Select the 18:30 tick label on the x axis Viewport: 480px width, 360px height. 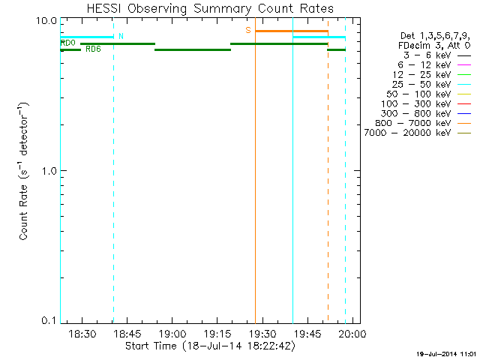click(x=81, y=333)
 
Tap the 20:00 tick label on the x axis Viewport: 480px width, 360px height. click(x=352, y=333)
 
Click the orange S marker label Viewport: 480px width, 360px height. click(x=248, y=30)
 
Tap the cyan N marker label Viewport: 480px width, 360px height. click(x=121, y=36)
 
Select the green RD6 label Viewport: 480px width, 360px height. click(x=94, y=49)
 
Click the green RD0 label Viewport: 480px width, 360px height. click(x=68, y=43)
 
